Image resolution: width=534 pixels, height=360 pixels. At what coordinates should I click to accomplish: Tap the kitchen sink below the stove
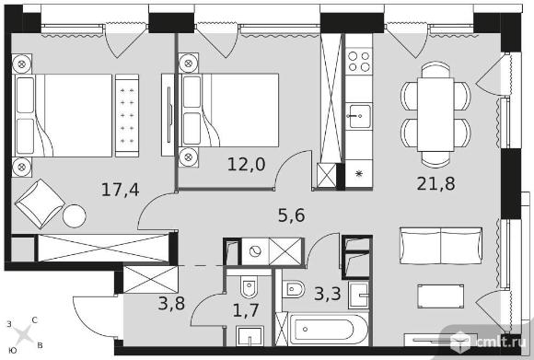357,116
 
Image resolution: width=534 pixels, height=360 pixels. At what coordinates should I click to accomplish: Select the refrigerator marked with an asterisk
357,172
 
